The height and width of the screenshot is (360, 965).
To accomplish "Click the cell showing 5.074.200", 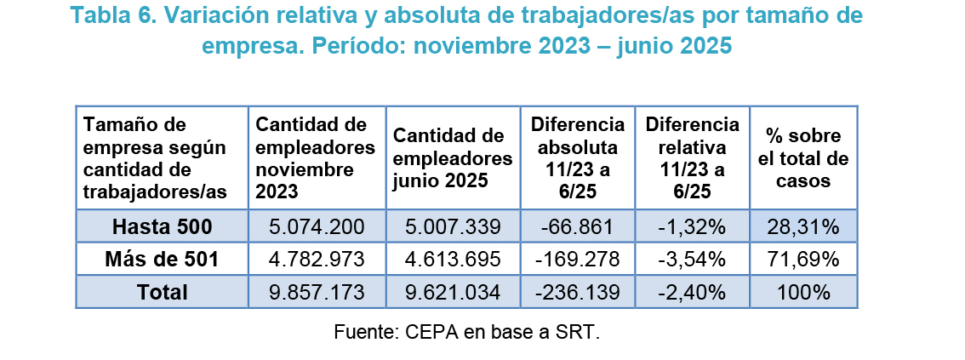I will (316, 227).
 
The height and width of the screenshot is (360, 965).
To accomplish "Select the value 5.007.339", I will (453, 227).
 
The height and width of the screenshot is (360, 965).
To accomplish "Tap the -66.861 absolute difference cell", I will (577, 227).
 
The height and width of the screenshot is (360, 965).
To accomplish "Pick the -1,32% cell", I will (692, 227).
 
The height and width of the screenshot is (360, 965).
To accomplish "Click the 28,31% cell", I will (802, 227).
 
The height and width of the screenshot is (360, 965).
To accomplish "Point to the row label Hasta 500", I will (163, 227).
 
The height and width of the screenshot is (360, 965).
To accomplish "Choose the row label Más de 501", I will (163, 260).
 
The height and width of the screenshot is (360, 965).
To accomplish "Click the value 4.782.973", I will (316, 260).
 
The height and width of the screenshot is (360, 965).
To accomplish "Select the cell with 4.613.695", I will (453, 260).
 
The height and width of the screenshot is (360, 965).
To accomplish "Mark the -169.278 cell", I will (577, 260).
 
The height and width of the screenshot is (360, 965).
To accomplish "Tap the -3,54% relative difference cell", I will (692, 260).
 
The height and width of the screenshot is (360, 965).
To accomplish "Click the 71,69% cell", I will (802, 260).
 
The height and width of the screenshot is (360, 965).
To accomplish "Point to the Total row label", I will (163, 292).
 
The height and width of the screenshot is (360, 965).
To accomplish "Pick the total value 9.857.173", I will (316, 292).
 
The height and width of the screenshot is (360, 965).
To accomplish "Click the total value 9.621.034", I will (453, 292).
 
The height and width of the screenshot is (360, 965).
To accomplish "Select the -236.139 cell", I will (577, 292).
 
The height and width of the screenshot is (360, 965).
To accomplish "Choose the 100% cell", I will (802, 292).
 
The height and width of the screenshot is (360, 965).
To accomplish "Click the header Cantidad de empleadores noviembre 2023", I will (316, 158).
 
